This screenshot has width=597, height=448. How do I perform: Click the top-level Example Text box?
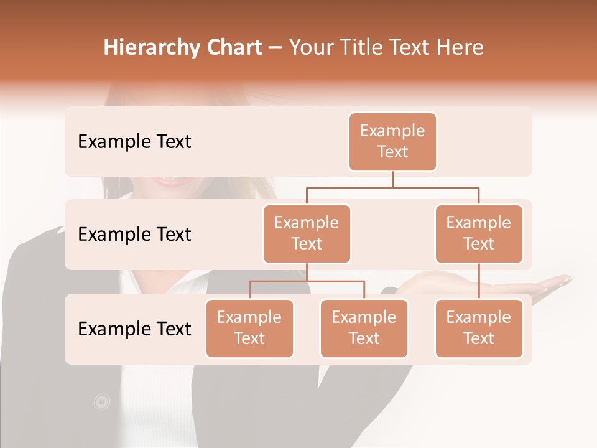tap(392, 141)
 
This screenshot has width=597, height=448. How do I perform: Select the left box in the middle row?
tap(307, 233)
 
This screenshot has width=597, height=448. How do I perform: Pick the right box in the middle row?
tap(479, 233)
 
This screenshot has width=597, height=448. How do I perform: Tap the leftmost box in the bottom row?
tap(249, 328)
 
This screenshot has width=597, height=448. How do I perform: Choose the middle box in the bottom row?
tap(364, 328)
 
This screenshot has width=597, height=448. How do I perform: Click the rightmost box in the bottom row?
tap(479, 328)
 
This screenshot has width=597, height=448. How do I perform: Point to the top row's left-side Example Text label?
tap(134, 142)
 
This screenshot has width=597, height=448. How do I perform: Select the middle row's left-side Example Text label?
tap(134, 235)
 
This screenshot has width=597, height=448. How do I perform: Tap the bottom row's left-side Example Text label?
tap(134, 329)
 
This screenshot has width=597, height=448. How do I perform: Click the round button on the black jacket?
tap(101, 402)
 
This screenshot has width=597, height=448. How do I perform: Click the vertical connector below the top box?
tap(392, 179)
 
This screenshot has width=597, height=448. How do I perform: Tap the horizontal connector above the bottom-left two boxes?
tap(307, 281)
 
